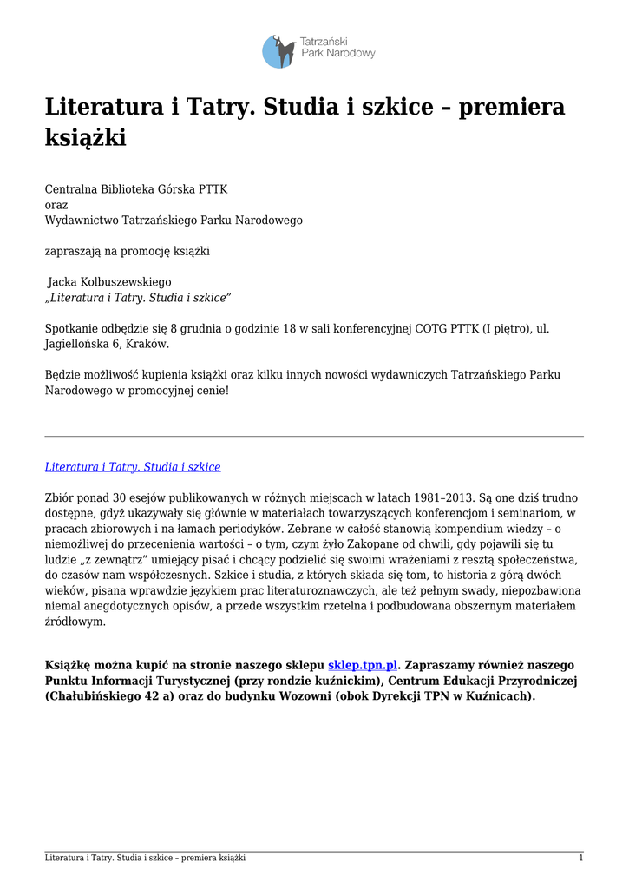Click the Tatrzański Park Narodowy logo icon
click(x=279, y=51)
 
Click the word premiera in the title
click(x=512, y=107)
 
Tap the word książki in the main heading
click(x=86, y=137)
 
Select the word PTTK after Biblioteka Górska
click(x=213, y=189)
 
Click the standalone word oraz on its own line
click(x=56, y=205)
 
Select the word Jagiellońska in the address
click(x=78, y=344)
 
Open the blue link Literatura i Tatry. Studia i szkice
click(x=133, y=467)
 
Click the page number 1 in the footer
click(x=580, y=858)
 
